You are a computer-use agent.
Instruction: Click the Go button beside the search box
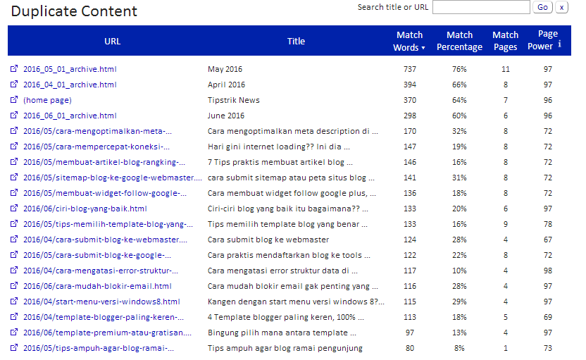point(542,7)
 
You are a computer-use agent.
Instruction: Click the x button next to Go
point(561,7)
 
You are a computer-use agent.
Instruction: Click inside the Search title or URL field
point(481,7)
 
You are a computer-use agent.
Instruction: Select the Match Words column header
point(409,41)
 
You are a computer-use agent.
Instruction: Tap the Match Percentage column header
point(459,41)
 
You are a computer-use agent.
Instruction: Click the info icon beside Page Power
point(559,44)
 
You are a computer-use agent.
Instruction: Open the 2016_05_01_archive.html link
point(70,69)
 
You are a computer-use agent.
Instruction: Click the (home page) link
point(47,100)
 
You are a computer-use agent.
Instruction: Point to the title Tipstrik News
point(234,100)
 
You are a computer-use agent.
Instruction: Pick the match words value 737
point(410,69)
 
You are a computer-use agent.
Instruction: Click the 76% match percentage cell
point(459,69)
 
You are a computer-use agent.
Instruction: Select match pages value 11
point(505,69)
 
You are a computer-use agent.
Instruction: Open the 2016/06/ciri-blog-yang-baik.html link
point(85,209)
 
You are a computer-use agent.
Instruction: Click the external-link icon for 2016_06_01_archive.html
point(14,115)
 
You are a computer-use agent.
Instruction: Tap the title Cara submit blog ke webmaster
point(268,240)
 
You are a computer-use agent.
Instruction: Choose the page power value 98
point(548,271)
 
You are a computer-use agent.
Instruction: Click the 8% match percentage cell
point(459,348)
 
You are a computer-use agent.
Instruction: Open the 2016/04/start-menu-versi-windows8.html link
point(101,302)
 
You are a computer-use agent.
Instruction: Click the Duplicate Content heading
point(74,11)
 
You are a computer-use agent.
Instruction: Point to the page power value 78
point(548,224)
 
